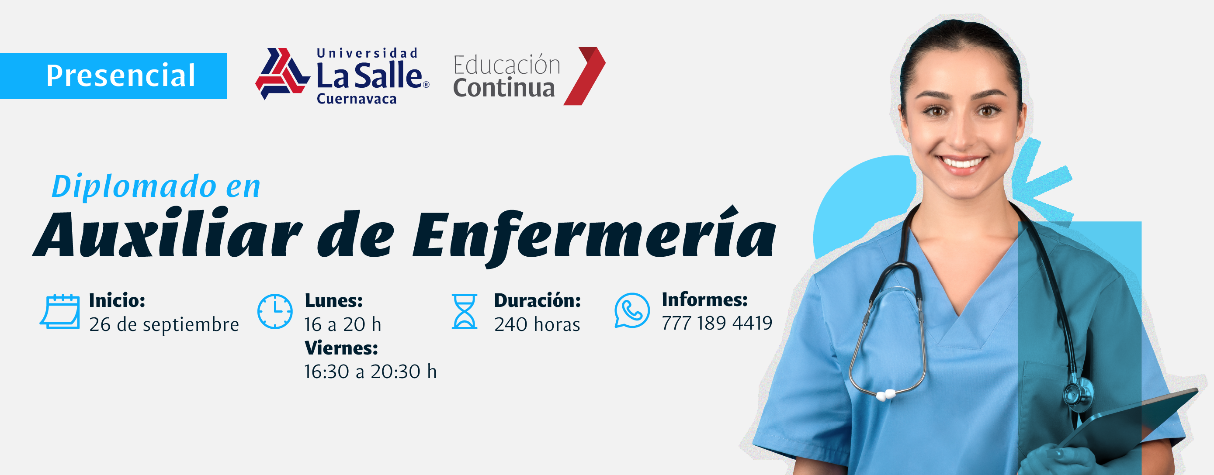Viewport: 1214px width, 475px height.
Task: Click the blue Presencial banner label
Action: click(113, 76)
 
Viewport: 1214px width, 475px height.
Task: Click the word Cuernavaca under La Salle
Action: click(357, 99)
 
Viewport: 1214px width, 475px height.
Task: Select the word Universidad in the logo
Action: click(367, 53)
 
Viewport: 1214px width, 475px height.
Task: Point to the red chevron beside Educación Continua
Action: click(584, 76)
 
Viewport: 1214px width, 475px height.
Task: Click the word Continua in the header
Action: click(504, 88)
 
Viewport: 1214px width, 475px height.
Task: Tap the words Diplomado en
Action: click(156, 186)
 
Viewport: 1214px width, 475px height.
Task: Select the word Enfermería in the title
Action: click(594, 235)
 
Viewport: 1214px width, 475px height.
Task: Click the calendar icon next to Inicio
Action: click(60, 311)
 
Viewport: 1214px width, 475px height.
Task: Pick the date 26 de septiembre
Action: click(164, 324)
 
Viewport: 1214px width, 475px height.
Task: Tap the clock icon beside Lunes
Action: click(275, 311)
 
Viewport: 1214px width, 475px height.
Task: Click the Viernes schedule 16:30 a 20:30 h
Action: click(371, 372)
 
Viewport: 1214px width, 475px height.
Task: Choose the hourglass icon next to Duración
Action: click(465, 311)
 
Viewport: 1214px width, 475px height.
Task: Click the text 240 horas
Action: click(537, 324)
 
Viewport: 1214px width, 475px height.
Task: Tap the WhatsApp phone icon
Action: click(632, 311)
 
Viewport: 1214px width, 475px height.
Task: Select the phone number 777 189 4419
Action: click(717, 323)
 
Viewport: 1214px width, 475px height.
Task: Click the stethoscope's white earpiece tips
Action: click(885, 395)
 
